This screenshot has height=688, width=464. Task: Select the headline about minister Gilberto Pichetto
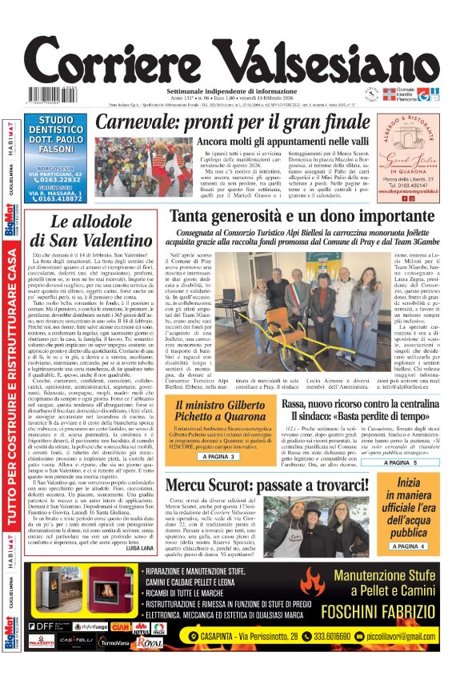218,412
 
